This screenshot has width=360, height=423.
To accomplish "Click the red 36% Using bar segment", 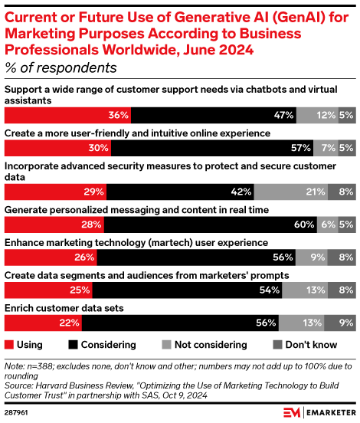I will [x=67, y=115].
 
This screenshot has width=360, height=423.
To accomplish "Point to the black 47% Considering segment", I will [x=214, y=115].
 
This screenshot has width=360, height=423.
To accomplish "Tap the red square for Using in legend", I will [x=10, y=345].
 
